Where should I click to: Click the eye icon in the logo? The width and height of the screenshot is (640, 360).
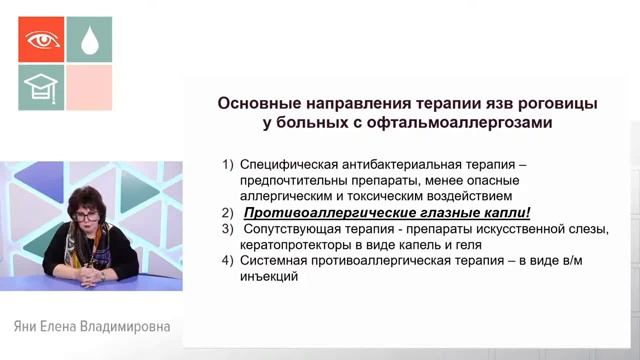(41, 39)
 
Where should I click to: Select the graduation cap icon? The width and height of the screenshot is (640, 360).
(41, 89)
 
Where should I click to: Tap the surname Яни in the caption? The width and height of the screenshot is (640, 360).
(25, 327)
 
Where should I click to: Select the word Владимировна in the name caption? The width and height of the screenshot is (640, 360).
(126, 327)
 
